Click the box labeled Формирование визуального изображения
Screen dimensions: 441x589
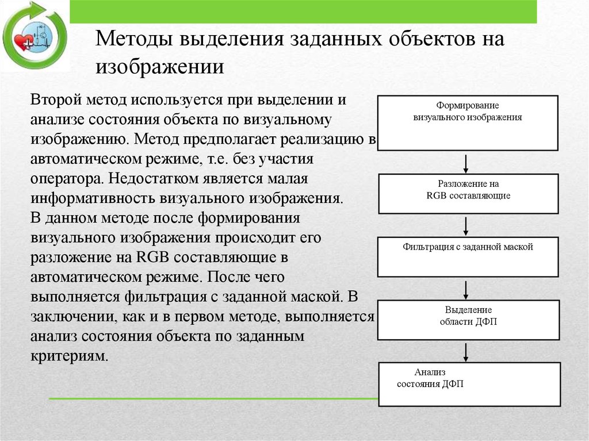click(x=467, y=122)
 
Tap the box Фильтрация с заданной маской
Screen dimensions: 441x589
click(x=467, y=256)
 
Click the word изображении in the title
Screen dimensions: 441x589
click(x=160, y=67)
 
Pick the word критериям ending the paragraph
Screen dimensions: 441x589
click(x=68, y=355)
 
